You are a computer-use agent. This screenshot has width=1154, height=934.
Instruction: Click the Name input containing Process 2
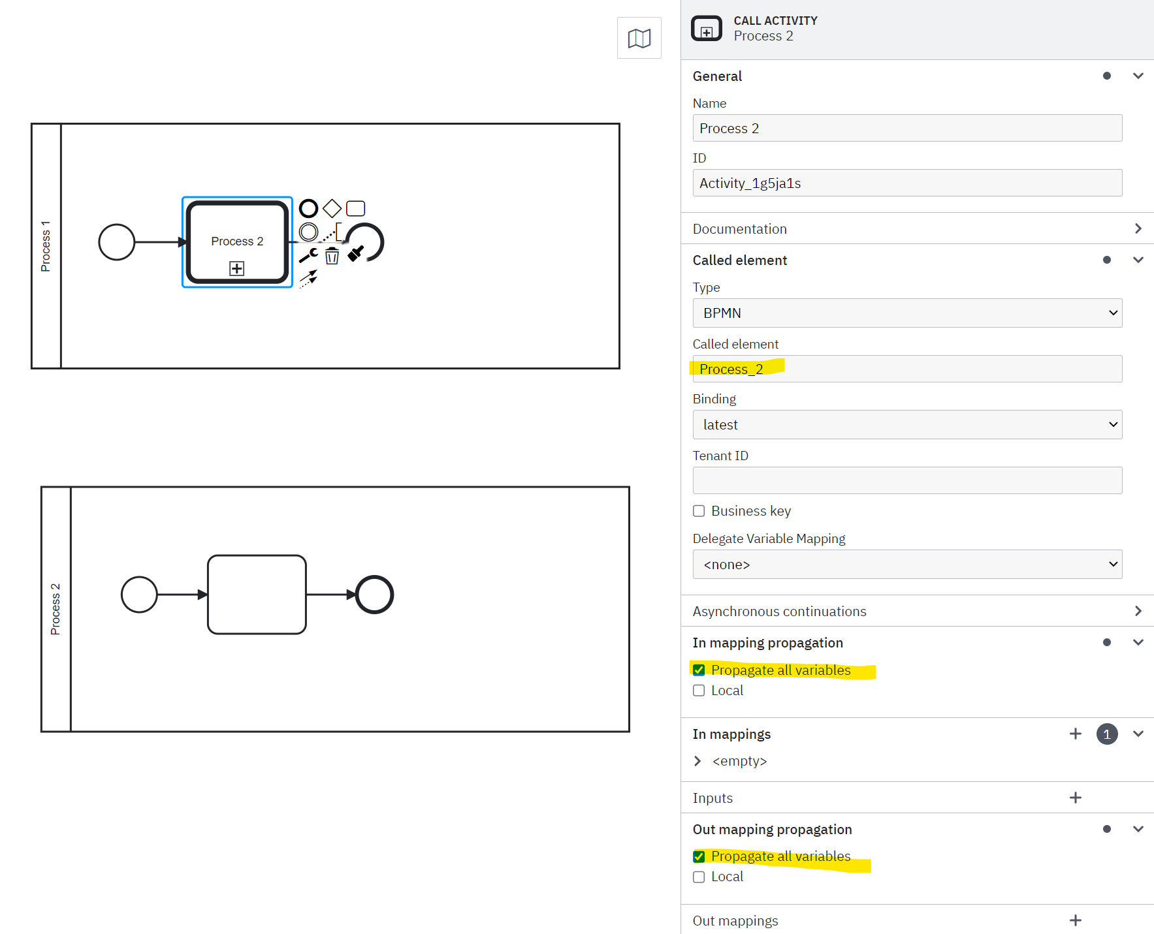click(906, 128)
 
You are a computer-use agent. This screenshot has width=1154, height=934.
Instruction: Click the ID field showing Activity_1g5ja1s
click(906, 183)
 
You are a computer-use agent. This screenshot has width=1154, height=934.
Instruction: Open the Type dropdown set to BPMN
click(906, 313)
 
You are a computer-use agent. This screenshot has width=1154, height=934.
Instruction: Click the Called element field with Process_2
click(906, 369)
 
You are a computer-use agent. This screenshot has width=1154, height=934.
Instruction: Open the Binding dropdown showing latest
click(906, 425)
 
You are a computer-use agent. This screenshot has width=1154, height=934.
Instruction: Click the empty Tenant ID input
click(906, 480)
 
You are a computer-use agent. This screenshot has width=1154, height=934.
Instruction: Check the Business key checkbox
click(699, 511)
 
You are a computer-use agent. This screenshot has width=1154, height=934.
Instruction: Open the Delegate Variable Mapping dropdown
click(906, 565)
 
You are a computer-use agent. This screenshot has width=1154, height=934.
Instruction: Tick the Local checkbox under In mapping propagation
click(699, 691)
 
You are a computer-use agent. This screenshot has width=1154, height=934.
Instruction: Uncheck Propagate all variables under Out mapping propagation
click(699, 856)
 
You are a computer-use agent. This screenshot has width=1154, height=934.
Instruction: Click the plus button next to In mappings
click(1075, 734)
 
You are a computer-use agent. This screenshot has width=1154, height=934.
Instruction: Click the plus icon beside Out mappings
click(1075, 920)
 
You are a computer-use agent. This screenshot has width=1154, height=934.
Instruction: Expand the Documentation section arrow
click(1138, 228)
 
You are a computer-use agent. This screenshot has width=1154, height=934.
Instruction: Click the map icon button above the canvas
click(639, 38)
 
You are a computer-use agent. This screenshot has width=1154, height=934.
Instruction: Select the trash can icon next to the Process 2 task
click(332, 256)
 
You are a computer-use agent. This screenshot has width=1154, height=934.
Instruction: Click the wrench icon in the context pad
click(308, 255)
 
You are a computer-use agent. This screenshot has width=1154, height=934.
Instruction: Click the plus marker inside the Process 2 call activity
click(237, 268)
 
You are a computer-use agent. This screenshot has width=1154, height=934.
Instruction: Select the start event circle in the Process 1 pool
click(116, 242)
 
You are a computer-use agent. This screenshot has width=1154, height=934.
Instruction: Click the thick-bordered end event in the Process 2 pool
click(374, 595)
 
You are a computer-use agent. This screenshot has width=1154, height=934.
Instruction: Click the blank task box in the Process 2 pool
click(257, 595)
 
